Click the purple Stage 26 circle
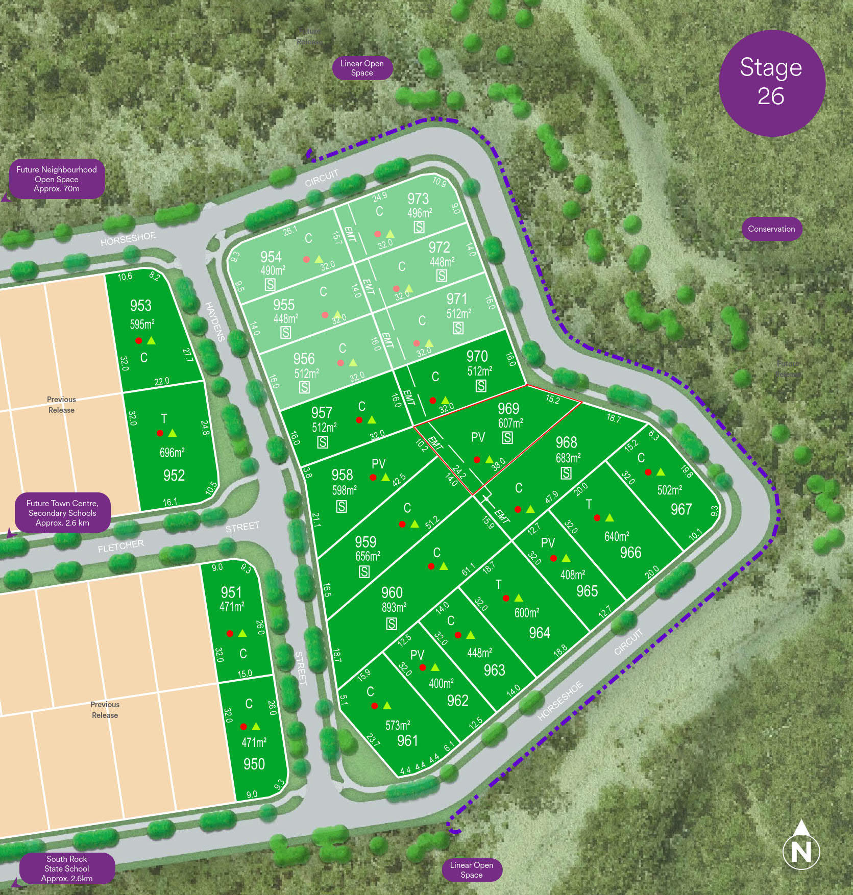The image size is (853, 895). click(x=771, y=83)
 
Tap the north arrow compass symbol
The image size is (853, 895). click(x=801, y=850)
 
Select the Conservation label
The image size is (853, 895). click(x=771, y=229)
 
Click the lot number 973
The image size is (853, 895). click(x=418, y=198)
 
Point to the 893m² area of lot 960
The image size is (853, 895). click(x=394, y=607)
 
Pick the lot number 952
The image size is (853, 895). click(x=174, y=476)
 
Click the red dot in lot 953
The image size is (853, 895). click(x=139, y=340)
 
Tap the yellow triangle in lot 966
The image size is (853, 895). click(x=610, y=518)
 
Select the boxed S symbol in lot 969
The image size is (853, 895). click(x=507, y=437)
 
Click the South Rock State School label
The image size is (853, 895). click(x=67, y=868)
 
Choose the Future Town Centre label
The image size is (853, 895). click(x=62, y=513)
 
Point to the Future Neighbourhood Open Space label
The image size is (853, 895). click(x=57, y=179)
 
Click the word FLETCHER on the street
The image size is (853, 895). click(x=120, y=546)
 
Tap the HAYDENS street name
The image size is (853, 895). click(x=215, y=321)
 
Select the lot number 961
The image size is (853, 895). click(x=407, y=740)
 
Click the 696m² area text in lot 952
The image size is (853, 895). click(x=172, y=453)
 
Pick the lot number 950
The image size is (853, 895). click(x=254, y=764)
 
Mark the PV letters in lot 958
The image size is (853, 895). click(x=378, y=464)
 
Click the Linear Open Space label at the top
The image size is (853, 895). click(x=362, y=68)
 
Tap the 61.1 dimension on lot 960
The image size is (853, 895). click(x=468, y=569)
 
